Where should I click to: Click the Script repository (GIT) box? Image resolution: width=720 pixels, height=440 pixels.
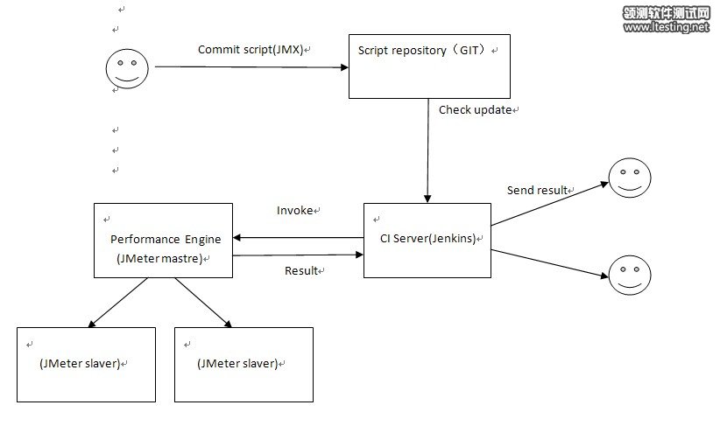pos(429,66)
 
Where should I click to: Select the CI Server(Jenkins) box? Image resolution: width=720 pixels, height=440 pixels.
pos(427,240)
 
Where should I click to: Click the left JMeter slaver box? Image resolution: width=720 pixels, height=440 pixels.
pos(86,364)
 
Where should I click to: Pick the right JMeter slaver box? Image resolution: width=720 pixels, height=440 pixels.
pos(244,364)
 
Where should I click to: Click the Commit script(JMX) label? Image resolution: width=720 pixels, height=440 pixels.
pos(251,49)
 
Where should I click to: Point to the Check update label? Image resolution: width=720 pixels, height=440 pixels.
pos(475,110)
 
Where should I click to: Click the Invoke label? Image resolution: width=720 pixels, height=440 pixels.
pos(294,211)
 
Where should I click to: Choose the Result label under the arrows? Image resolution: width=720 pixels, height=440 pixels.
pos(302,270)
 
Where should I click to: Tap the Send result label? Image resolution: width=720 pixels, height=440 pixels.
pos(537,190)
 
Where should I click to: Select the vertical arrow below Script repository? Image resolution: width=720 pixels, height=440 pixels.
pos(427,149)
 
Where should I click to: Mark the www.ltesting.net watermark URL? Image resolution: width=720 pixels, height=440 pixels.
pos(666,27)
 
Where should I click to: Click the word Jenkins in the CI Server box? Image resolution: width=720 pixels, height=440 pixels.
pos(448,240)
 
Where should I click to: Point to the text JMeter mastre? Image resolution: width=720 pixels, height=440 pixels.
pos(159,259)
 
